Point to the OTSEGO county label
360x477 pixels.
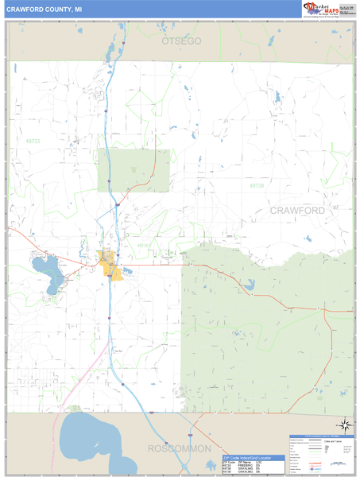click(181, 41)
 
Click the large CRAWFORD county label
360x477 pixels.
click(297, 211)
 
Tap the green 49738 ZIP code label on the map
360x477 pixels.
click(254, 186)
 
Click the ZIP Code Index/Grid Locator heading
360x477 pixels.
click(252, 458)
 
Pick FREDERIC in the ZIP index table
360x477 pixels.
click(245, 465)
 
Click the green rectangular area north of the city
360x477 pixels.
click(134, 170)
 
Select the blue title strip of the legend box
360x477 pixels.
click(321, 437)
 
